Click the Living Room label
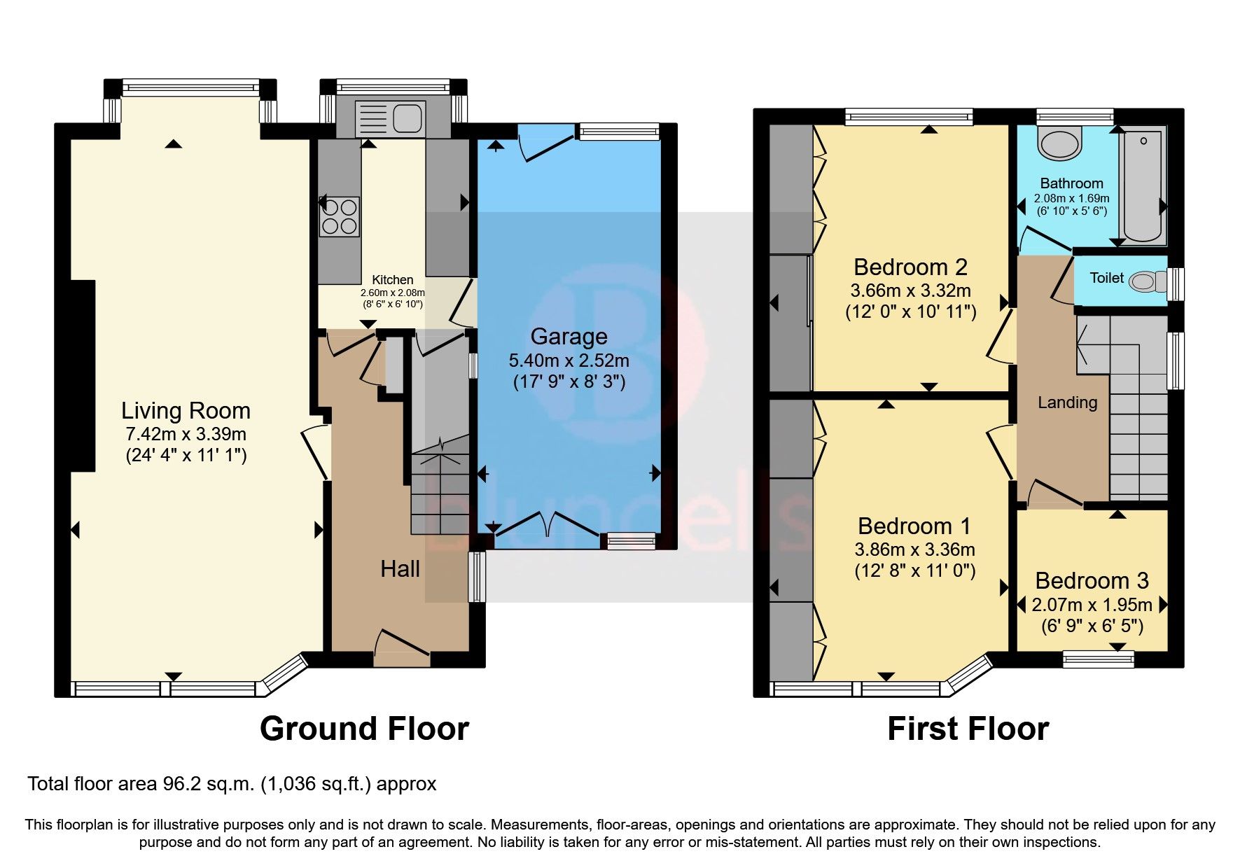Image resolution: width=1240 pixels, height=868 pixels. pyautogui.click(x=186, y=411)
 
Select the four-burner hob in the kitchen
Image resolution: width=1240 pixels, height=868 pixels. pyautogui.click(x=340, y=216)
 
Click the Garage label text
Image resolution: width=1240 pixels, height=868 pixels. pyautogui.click(x=569, y=337)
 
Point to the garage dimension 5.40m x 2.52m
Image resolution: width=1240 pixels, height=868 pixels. pyautogui.click(x=569, y=361)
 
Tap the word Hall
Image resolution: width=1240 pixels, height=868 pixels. pyautogui.click(x=400, y=569)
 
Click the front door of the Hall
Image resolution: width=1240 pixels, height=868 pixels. pyautogui.click(x=401, y=647)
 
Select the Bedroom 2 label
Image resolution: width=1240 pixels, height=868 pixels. pyautogui.click(x=910, y=267)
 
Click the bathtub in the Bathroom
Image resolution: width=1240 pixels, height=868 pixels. pyautogui.click(x=1143, y=185)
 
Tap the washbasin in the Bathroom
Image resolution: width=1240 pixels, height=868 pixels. pyautogui.click(x=1060, y=143)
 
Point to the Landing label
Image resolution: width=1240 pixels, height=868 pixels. pyautogui.click(x=1067, y=402)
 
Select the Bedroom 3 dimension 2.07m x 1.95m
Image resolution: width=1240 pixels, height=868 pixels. pyautogui.click(x=1092, y=605)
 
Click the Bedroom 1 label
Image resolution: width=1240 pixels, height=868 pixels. pyautogui.click(x=914, y=526)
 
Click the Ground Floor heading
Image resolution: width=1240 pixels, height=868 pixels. pyautogui.click(x=364, y=729)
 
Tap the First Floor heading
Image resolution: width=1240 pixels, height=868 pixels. pyautogui.click(x=968, y=729)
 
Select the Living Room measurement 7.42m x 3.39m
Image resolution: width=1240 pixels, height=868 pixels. pyautogui.click(x=186, y=435)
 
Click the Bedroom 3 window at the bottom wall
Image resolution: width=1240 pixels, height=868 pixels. pyautogui.click(x=1098, y=659)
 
